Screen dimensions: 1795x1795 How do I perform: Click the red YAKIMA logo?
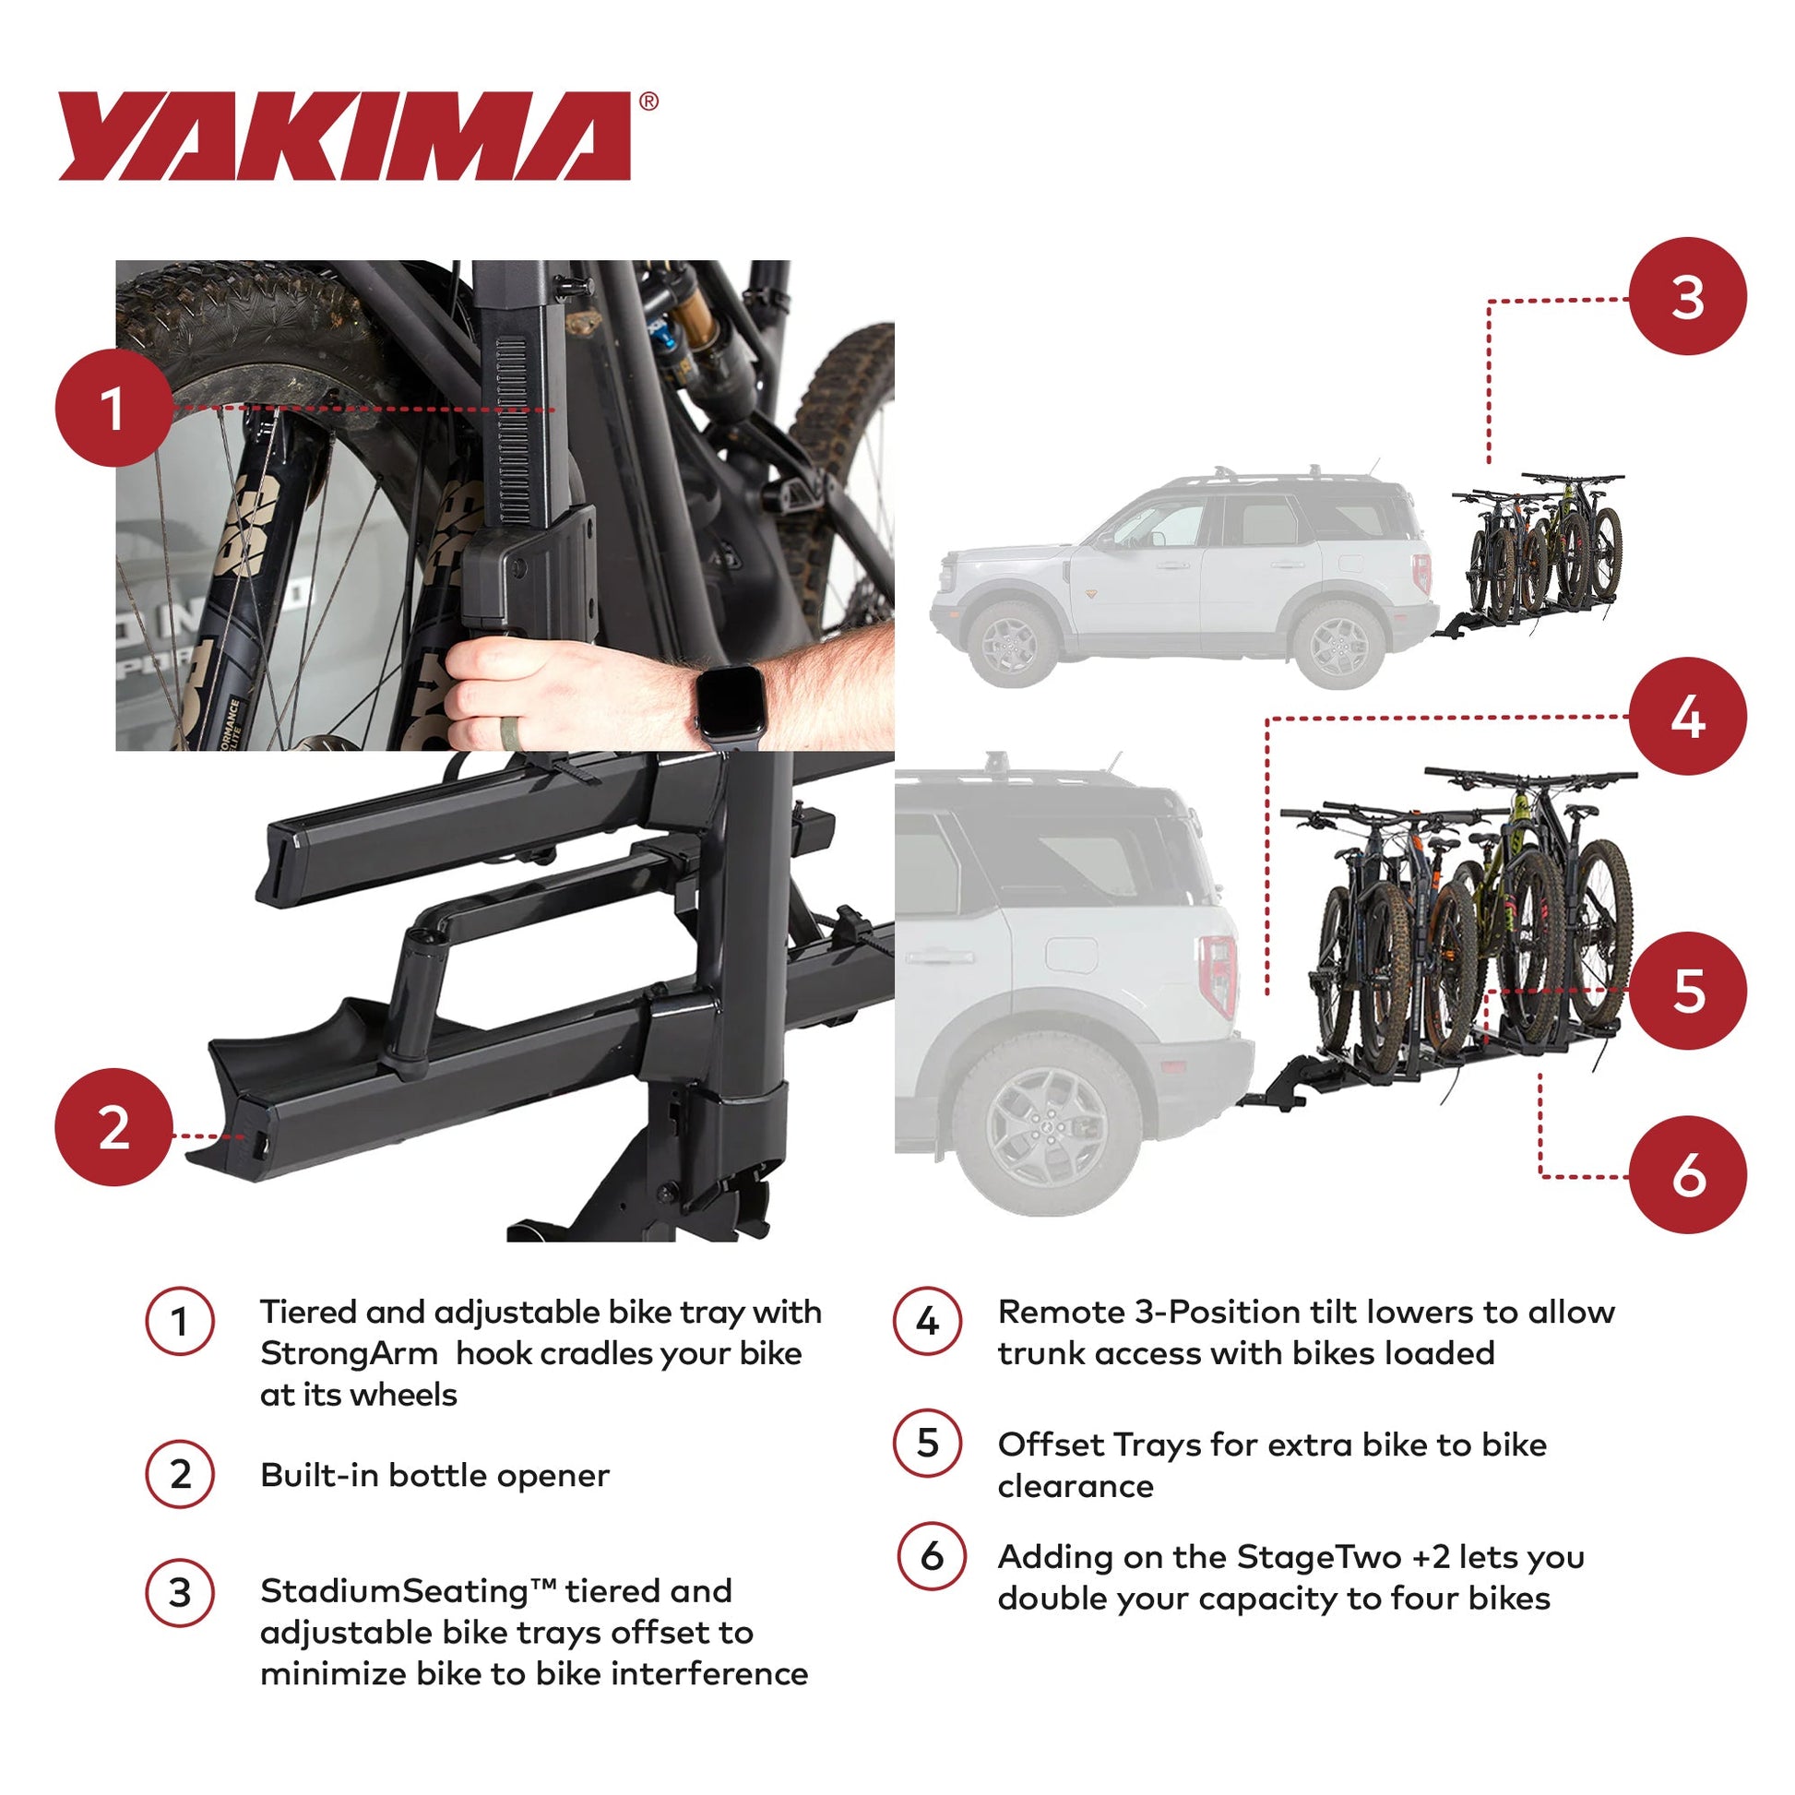[344, 136]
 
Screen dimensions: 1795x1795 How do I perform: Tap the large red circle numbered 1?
[113, 408]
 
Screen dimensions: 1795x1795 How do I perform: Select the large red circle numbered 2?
[113, 1127]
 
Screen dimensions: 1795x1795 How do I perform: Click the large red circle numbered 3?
[1687, 297]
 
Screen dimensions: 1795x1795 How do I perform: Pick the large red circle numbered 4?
[1687, 717]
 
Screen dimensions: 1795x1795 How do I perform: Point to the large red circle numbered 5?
[1687, 991]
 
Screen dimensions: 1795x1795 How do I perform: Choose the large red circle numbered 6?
[1687, 1175]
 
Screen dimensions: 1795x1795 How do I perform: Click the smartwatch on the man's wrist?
[731, 703]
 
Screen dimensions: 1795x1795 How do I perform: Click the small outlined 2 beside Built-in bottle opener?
[180, 1474]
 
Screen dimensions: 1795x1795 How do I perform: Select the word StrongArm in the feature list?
[349, 1354]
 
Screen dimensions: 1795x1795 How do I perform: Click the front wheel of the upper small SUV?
[1012, 642]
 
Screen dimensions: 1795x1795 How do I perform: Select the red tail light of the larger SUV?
[1218, 976]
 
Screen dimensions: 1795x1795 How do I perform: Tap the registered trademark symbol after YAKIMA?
[648, 102]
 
